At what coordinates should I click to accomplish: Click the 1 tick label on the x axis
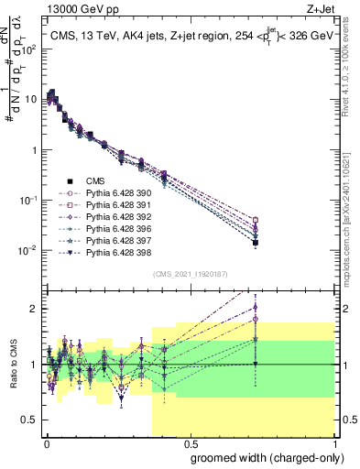pyautogui.click(x=334, y=443)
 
